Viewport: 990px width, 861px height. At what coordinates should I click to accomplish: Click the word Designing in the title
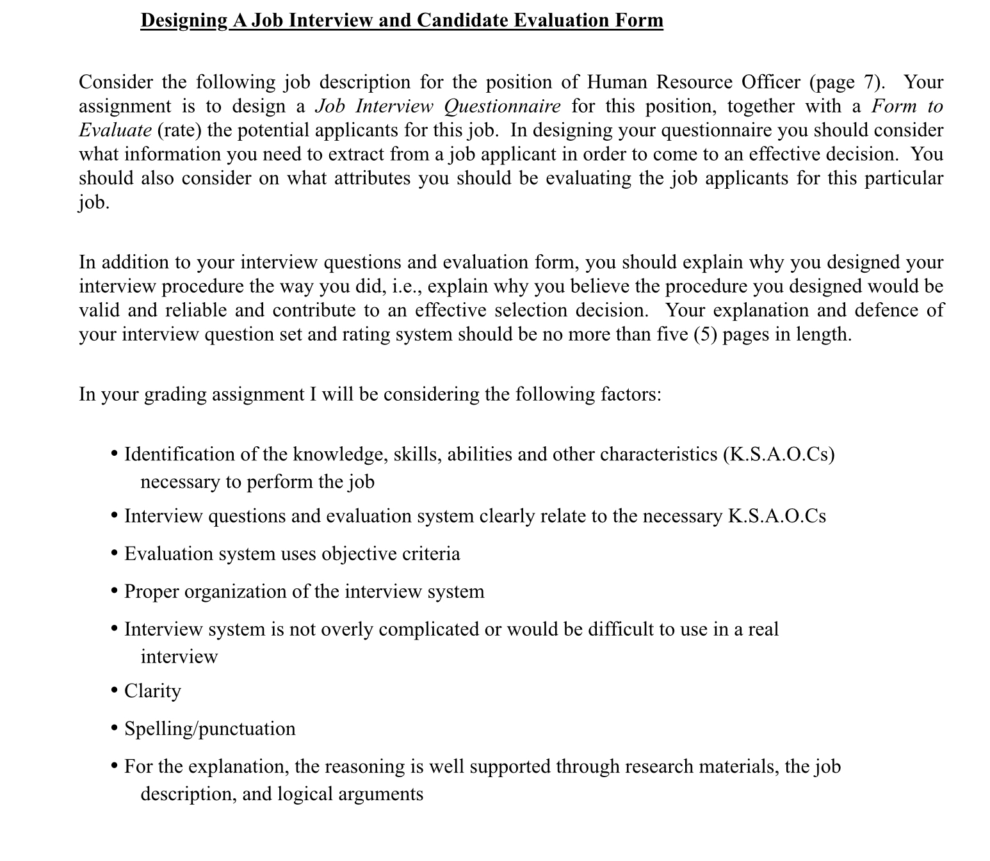coord(183,20)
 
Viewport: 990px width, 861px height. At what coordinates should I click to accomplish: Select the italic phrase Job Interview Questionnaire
coord(438,106)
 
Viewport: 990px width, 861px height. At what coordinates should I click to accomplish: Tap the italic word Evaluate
coord(115,130)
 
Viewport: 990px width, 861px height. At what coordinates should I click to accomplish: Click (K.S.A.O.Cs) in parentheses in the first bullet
coord(778,454)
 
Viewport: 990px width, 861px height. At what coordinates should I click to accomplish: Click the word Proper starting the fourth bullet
coord(152,591)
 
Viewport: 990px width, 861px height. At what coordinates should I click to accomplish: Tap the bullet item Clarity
coord(152,691)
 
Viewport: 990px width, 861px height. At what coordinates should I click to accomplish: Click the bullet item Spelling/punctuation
coord(209,728)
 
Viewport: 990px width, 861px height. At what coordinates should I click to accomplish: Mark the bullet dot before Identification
coord(114,455)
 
